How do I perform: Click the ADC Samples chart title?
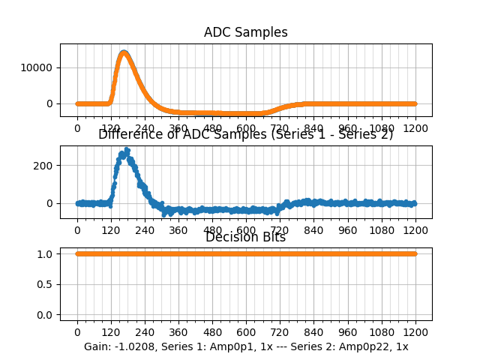coord(245,32)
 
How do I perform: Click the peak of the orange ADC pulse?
coord(124,52)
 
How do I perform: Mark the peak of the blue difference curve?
coord(127,150)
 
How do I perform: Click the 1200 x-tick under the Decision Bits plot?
coord(415,332)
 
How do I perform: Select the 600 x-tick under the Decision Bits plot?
coord(246,332)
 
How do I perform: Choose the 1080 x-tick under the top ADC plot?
coord(382,128)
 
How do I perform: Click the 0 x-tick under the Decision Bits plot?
coord(77,332)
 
